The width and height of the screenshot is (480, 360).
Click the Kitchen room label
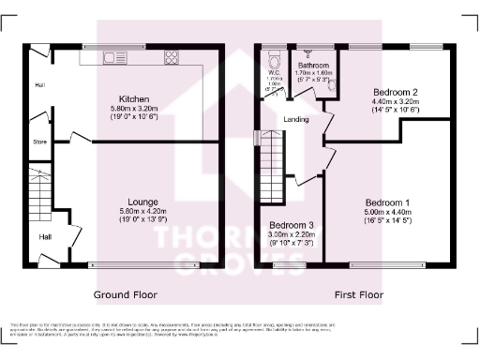pyautogui.click(x=128, y=98)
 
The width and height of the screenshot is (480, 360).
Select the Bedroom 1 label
pyautogui.click(x=387, y=202)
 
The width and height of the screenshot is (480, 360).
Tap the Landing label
pyautogui.click(x=296, y=120)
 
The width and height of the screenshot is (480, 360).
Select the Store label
pyautogui.click(x=38, y=143)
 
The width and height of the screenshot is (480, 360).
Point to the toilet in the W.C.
pyautogui.click(x=272, y=55)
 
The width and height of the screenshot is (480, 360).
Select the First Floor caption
pyautogui.click(x=359, y=293)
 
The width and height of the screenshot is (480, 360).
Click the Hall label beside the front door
pyautogui.click(x=44, y=237)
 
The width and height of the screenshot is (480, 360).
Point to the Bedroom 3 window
pyautogui.click(x=290, y=266)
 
